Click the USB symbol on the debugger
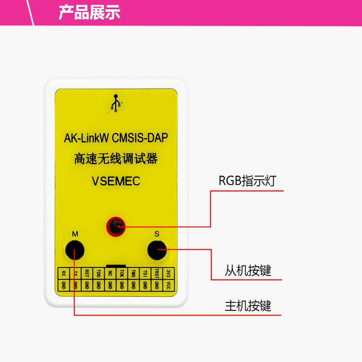pyautogui.click(x=115, y=103)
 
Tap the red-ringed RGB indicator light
pyautogui.click(x=115, y=227)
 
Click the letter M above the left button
pyautogui.click(x=75, y=234)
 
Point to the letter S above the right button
pyautogui.click(x=157, y=234)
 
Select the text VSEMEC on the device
pyautogui.click(x=116, y=181)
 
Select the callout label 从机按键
pyautogui.click(x=248, y=271)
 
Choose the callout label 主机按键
pyautogui.click(x=248, y=306)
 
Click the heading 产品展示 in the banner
pyautogui.click(x=89, y=13)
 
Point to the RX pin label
pyautogui.click(x=63, y=272)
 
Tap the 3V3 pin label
pyautogui.click(x=168, y=272)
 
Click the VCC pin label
pyautogui.click(x=168, y=285)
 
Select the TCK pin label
pyautogui.click(x=122, y=272)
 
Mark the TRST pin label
pyautogui.click(x=157, y=272)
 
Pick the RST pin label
pyautogui.click(x=87, y=272)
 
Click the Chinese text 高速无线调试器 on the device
pyautogui.click(x=115, y=159)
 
